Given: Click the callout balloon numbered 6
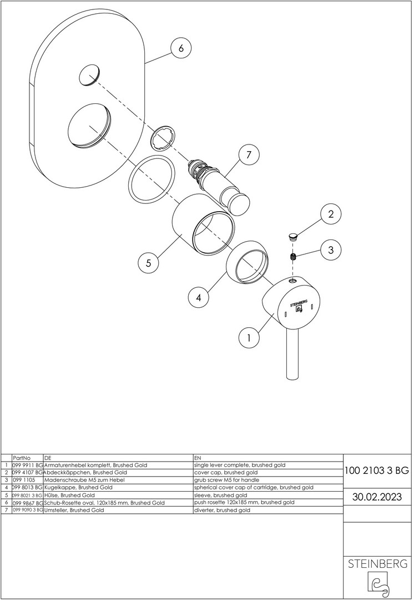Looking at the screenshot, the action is click(181, 48).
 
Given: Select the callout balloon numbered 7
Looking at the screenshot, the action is click(249, 155).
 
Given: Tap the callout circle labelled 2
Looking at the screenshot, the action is click(331, 214).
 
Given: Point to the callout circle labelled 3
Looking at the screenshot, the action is click(331, 250).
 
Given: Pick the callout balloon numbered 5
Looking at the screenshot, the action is click(148, 263).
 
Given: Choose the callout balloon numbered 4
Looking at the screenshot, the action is click(199, 297).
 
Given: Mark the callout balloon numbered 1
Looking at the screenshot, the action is click(249, 338).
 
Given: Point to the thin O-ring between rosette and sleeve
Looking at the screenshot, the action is click(152, 178).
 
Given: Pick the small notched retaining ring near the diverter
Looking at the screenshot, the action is click(164, 138).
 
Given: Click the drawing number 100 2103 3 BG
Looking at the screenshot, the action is click(376, 471).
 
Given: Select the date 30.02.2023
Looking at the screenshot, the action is click(376, 497).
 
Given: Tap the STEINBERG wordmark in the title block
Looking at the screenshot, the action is click(377, 564).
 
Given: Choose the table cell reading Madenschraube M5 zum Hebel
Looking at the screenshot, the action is click(84, 480).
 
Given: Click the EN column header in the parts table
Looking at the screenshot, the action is click(198, 458).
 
